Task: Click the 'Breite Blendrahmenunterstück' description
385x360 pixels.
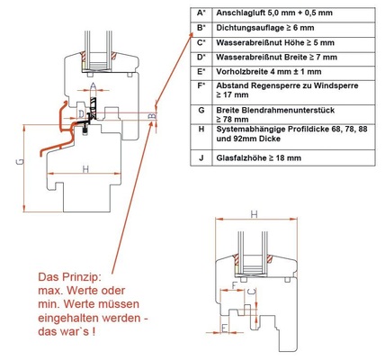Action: click(x=280, y=109)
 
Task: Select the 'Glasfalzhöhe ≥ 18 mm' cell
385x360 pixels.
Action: click(x=261, y=157)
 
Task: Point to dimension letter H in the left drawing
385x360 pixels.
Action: click(x=85, y=168)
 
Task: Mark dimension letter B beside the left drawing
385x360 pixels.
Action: click(x=154, y=113)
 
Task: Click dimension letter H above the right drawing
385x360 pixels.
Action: click(x=255, y=214)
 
